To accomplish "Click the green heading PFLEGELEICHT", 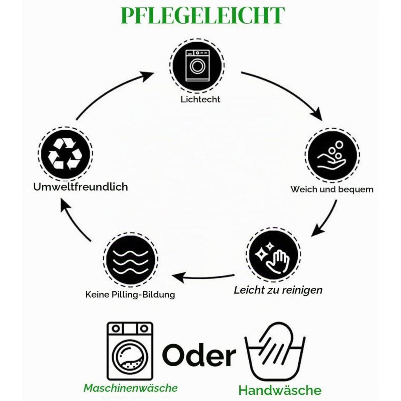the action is click(x=203, y=16).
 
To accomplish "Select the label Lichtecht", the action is click(x=200, y=100).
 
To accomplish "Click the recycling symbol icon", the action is click(x=65, y=154).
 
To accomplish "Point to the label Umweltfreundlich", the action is click(x=81, y=187).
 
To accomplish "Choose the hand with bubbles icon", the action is click(x=332, y=155).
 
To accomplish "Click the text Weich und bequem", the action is click(x=332, y=189).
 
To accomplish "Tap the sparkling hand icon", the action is click(x=273, y=255).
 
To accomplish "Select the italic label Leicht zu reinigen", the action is click(x=278, y=290).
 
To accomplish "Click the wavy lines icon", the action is click(x=130, y=260).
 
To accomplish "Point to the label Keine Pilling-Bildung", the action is click(x=130, y=295).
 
